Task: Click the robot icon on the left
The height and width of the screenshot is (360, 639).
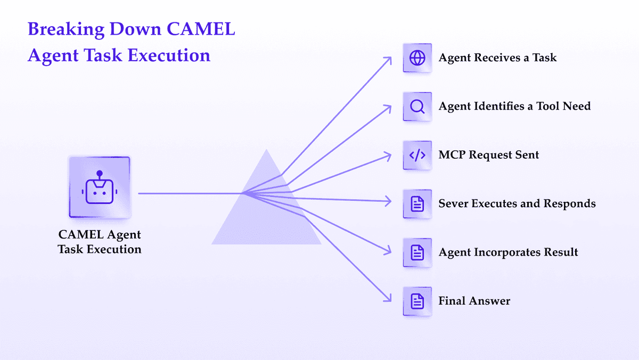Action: point(100,187)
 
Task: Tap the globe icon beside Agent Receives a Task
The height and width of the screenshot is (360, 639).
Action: point(417,58)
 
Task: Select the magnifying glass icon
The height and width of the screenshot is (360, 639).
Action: point(417,107)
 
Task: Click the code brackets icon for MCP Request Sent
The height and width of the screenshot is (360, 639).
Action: point(417,155)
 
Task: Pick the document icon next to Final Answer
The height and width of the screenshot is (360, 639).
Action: point(417,301)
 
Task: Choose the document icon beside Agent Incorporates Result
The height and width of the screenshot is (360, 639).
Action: point(417,252)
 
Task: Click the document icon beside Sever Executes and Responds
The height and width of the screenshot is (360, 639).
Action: point(417,204)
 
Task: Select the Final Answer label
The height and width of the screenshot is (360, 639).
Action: point(474,301)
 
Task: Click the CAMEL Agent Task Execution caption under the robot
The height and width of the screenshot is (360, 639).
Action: point(100,242)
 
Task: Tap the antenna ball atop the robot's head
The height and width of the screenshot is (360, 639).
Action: point(100,173)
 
